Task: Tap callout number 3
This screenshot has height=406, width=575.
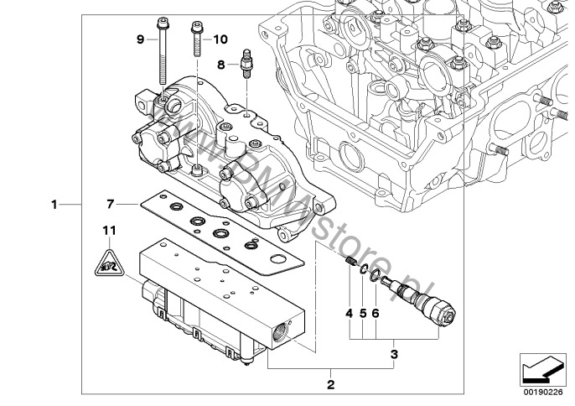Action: tap(395, 354)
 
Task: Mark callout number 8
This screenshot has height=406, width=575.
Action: tap(221, 64)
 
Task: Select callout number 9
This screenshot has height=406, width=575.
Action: tap(140, 39)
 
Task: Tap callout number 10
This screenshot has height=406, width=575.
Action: tap(220, 39)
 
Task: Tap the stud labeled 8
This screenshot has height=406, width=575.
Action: tap(246, 64)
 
